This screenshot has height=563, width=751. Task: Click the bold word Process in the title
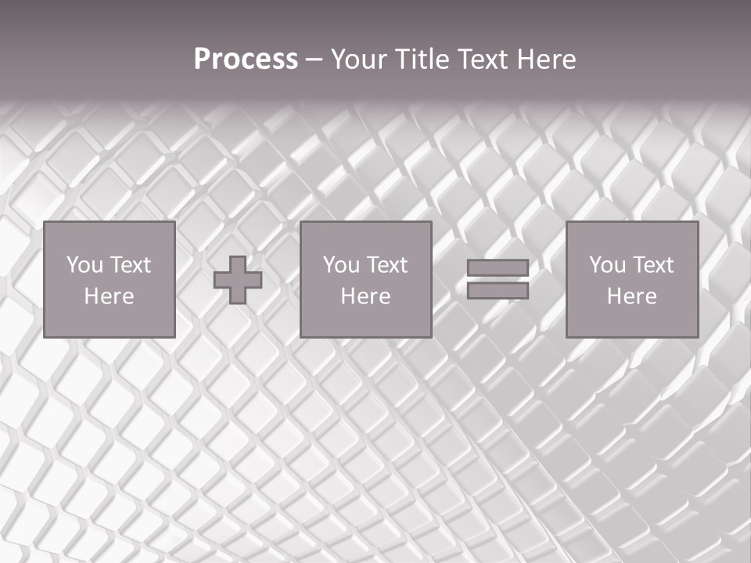246,59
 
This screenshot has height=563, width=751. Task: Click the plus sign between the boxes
238,280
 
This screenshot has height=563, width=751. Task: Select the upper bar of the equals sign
498,268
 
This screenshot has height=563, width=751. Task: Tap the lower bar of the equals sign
498,290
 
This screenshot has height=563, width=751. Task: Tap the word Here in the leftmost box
109,296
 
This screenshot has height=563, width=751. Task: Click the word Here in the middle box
365,296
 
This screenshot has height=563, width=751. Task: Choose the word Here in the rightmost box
631,296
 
